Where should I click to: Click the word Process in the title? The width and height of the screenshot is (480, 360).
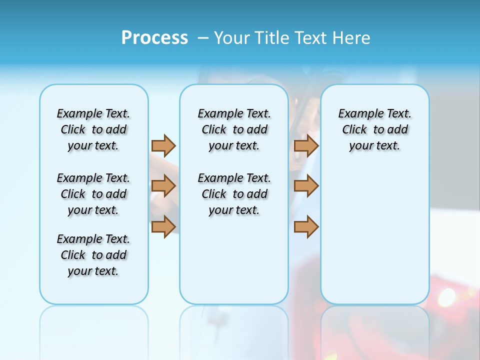154,37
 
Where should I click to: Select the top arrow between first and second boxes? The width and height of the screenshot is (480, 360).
163,145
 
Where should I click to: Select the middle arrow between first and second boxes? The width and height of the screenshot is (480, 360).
163,186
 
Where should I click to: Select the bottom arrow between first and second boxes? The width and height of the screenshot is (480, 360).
163,226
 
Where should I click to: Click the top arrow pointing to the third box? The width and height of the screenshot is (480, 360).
306,145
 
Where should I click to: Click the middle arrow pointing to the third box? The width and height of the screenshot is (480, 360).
306,186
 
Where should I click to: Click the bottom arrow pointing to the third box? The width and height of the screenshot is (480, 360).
306,226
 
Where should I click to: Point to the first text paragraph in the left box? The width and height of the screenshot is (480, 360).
93,129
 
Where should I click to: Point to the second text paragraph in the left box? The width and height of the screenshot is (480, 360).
93,194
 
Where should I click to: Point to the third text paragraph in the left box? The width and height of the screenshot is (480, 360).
93,255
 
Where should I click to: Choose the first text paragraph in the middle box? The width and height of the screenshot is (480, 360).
234,129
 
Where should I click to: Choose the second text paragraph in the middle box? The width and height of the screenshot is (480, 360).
234,194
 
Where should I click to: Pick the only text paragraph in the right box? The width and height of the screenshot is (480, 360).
374,129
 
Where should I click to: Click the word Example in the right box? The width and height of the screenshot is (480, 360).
356,114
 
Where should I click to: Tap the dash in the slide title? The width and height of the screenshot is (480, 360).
202,38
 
